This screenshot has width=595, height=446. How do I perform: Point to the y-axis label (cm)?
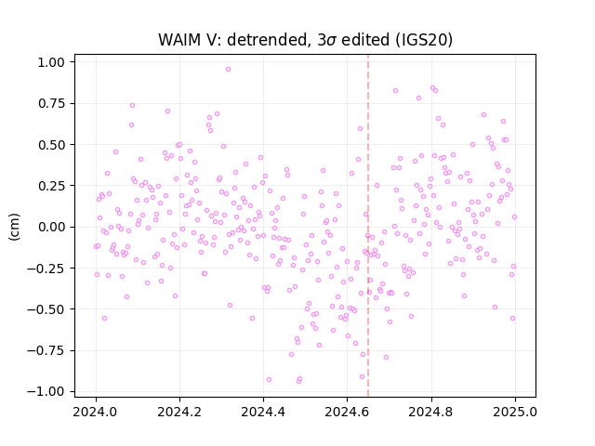pos(14,227)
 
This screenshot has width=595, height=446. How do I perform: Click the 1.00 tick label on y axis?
pos(51,62)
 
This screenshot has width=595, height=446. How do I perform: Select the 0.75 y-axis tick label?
pos(51,103)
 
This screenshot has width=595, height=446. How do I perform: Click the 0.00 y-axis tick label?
pos(51,227)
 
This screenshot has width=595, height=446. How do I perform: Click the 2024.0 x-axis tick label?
pos(96,412)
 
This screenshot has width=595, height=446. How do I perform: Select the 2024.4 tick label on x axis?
pos(263,412)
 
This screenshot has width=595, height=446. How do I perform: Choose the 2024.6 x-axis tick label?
pos(347,412)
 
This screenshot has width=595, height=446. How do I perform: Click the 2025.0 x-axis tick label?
pos(515,412)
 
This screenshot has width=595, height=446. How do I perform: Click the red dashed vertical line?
pos(368,226)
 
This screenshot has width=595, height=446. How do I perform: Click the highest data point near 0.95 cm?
pos(228,69)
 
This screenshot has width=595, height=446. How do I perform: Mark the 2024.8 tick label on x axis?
pos(431,412)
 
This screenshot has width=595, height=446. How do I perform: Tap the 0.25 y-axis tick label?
pos(51,186)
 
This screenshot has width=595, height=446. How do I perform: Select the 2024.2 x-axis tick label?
pos(179,412)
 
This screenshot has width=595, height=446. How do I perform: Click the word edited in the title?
pos(365,40)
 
